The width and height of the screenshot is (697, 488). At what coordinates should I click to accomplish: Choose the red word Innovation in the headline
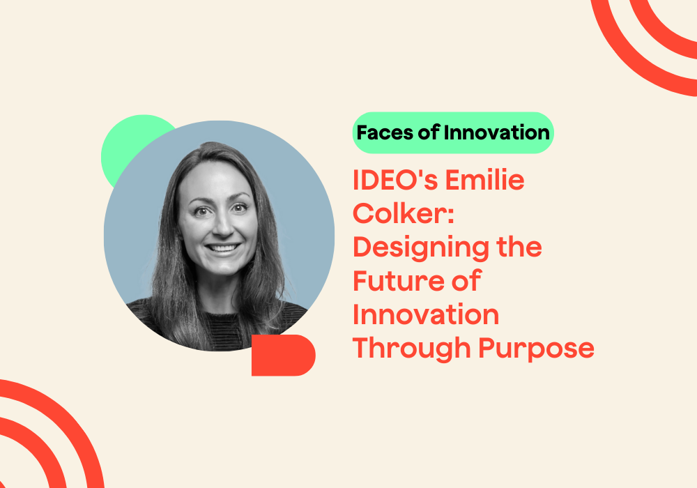point(426,314)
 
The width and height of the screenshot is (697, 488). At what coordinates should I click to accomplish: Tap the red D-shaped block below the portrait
point(282,355)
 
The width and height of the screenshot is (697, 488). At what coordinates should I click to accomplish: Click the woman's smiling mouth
point(222,248)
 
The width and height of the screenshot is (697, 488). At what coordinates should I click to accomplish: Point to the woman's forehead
point(216,180)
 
